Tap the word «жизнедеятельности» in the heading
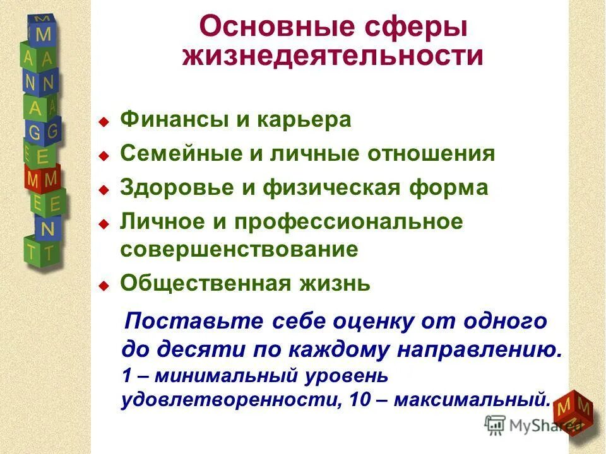pyautogui.click(x=333, y=56)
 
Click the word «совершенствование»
pyautogui.click(x=239, y=249)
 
